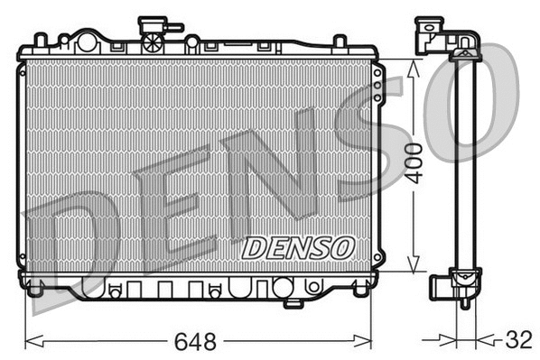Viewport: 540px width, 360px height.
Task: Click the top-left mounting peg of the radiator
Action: [x=41, y=40]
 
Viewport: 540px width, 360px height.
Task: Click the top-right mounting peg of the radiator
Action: [x=340, y=42]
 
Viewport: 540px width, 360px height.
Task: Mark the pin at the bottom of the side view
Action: [x=464, y=302]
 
